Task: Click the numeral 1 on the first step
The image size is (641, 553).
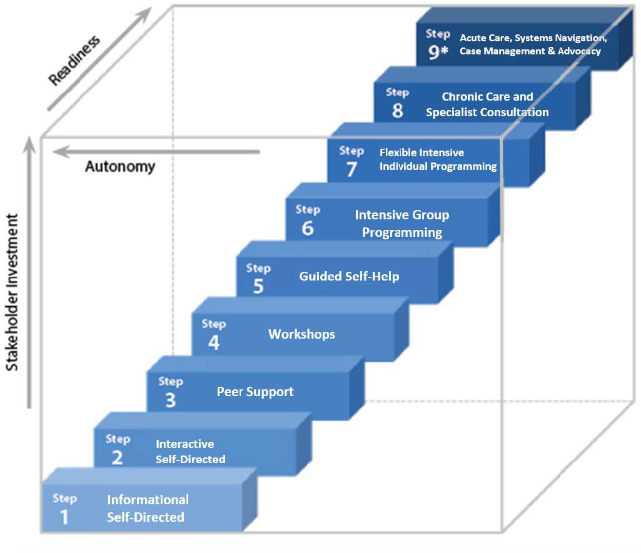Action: pos(64,517)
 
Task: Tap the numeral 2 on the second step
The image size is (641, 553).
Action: pos(117,458)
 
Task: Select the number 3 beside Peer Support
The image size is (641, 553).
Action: pos(170,400)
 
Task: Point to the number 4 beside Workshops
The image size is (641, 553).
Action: pos(214,342)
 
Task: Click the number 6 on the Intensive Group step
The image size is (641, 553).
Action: pos(307,228)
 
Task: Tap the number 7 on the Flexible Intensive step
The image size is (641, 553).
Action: pos(351,169)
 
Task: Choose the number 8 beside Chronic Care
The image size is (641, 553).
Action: pos(397,111)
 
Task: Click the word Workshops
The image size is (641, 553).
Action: pos(301,334)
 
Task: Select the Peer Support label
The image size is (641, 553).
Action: pos(255,392)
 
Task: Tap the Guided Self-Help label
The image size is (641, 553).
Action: pos(349,276)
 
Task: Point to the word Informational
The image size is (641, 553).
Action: pos(148,500)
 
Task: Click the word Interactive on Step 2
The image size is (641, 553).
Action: pos(184,444)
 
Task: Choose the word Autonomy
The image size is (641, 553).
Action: pos(120,167)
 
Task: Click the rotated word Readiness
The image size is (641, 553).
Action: pos(74,61)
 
